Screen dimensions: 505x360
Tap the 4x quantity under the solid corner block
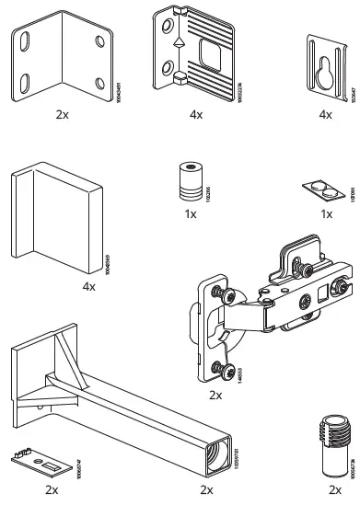[89, 287]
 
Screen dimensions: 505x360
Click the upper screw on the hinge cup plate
[220, 293]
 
